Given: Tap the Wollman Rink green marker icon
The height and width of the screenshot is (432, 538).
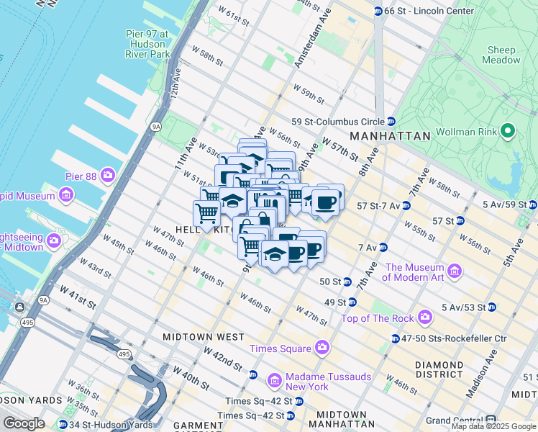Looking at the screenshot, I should pyautogui.click(x=508, y=130).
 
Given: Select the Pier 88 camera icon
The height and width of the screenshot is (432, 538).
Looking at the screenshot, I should pyautogui.click(x=108, y=175).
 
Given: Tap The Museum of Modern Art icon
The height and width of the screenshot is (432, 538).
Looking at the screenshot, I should pyautogui.click(x=454, y=271).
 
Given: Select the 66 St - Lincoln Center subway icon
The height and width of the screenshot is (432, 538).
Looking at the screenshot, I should pyautogui.click(x=378, y=11).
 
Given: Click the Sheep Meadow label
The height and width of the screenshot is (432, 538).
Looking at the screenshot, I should pyautogui.click(x=502, y=55).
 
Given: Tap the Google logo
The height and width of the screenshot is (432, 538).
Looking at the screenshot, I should pyautogui.click(x=24, y=423).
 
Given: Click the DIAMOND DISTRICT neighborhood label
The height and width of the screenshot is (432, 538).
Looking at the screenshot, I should pyautogui.click(x=439, y=370).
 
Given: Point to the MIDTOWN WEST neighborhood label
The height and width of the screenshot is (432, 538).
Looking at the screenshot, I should pyautogui.click(x=204, y=336).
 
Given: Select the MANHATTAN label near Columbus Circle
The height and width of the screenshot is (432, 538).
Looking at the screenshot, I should pyautogui.click(x=389, y=135).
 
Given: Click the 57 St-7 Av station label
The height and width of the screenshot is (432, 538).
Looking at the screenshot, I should pyautogui.click(x=372, y=205).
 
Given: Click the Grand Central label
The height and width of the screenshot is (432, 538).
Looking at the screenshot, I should pyautogui.click(x=455, y=420).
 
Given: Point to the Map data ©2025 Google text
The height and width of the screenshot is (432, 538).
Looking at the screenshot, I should pyautogui.click(x=493, y=426).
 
